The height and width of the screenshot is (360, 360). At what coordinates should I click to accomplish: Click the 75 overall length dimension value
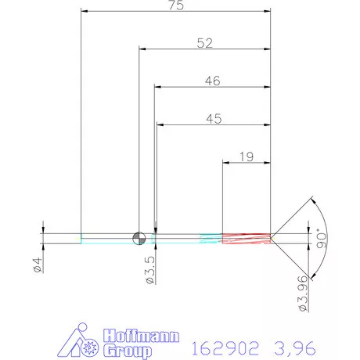(x=175, y=5)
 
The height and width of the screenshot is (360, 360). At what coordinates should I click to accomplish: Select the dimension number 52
(x=204, y=44)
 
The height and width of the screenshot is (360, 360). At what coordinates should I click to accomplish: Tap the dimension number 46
(x=211, y=81)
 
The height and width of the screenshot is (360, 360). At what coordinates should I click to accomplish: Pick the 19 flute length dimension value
(x=246, y=157)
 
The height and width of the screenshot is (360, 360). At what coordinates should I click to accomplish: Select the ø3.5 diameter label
(x=150, y=268)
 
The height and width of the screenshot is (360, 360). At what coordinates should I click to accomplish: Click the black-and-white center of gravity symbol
(x=139, y=238)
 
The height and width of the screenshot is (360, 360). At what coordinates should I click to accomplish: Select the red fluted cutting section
(x=247, y=238)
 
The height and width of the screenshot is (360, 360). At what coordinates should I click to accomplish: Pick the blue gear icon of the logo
(x=88, y=345)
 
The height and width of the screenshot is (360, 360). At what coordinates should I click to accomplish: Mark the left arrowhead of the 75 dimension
(x=85, y=12)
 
